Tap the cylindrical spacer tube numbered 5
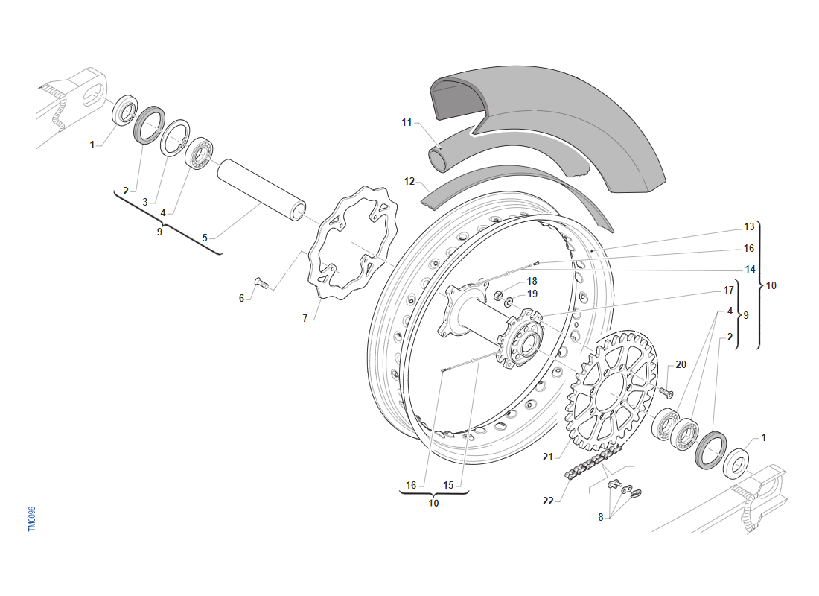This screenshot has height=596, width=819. pos(261,189)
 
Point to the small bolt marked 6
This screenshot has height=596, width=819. pos(260,283)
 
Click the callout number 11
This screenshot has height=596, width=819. pos(406,122)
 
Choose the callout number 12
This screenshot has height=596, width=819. pos(409,181)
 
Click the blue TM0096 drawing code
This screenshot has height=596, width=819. pos(31,519)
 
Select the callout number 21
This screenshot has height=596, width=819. pos(548,457)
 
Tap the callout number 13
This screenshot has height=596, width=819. pos(749,226)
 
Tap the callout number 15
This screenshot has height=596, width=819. pos(448,485)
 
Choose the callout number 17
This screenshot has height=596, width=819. pos(729,290)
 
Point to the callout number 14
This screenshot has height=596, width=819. pos(749,269)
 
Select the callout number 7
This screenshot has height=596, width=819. pos(305,318)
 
